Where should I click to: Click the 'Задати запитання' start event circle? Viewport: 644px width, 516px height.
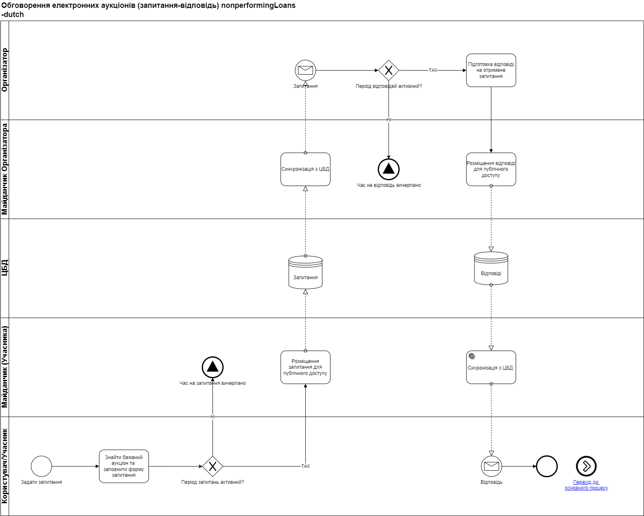click(x=41, y=466)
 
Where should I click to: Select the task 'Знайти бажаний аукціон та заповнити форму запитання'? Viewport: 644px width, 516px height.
click(x=124, y=466)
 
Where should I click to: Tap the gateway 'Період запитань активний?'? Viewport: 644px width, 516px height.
click(x=212, y=466)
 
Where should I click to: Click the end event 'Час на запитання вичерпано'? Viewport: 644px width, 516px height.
click(x=212, y=367)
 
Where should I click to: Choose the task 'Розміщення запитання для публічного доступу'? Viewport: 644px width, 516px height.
click(x=305, y=367)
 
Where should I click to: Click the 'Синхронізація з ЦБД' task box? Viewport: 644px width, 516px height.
click(x=305, y=169)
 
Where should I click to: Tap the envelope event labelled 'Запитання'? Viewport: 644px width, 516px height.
click(x=305, y=70)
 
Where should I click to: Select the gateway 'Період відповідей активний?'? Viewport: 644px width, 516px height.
click(x=389, y=70)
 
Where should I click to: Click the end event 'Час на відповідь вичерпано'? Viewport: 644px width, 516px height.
click(x=389, y=169)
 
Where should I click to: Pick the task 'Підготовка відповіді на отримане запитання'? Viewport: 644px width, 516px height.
click(x=491, y=70)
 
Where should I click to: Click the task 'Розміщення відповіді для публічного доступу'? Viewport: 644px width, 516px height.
click(x=491, y=169)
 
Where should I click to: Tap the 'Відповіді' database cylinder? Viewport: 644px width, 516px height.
click(x=491, y=269)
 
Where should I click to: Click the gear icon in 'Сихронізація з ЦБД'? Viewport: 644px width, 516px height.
click(x=472, y=356)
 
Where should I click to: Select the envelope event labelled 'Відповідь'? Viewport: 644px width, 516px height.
click(x=491, y=466)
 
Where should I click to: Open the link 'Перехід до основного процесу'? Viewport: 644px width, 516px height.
click(x=586, y=485)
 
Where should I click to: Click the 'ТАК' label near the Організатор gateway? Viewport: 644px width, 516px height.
click(x=433, y=70)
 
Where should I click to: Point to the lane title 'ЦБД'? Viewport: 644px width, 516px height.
click(x=5, y=268)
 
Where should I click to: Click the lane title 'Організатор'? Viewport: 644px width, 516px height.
click(x=5, y=70)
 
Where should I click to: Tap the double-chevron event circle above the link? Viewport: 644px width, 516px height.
click(x=586, y=466)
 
